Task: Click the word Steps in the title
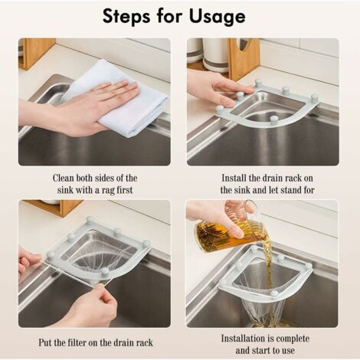(127, 16)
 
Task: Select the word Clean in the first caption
(64, 178)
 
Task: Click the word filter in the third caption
(77, 342)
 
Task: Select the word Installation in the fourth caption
(242, 339)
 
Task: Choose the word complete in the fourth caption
(293, 339)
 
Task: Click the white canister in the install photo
(216, 55)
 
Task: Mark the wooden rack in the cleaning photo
(37, 52)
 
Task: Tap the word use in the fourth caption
(287, 352)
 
